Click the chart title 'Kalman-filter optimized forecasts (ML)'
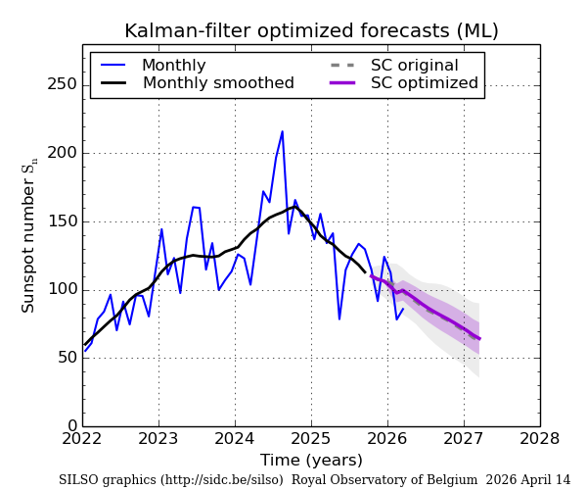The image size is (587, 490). point(311,31)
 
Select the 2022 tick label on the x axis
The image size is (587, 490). point(83,439)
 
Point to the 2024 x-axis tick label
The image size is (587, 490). point(235,439)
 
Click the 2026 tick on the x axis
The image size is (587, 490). point(387,439)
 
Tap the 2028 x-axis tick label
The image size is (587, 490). point(539,439)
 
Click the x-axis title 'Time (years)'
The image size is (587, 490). point(311,461)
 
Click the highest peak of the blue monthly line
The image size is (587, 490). point(283,131)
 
